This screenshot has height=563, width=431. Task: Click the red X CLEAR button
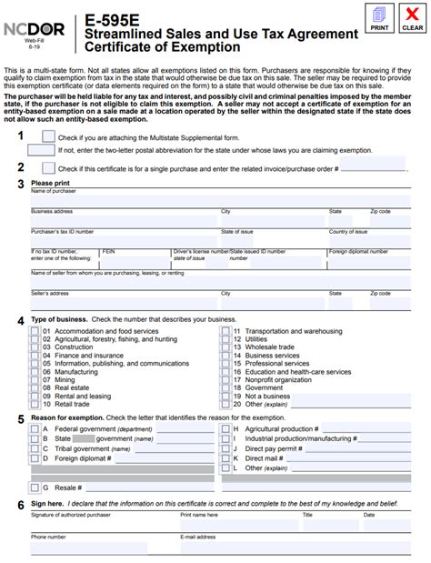click(x=412, y=16)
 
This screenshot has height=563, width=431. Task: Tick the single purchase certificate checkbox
click(x=48, y=166)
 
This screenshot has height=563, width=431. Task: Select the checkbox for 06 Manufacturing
click(x=35, y=372)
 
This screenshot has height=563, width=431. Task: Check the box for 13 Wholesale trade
click(x=225, y=347)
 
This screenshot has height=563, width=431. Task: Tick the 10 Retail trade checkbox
click(x=35, y=404)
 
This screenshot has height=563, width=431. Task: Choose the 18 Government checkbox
click(x=225, y=387)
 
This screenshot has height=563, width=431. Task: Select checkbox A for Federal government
click(x=35, y=428)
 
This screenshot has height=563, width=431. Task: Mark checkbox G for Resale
click(x=35, y=488)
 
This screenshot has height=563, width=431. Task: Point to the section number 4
click(x=21, y=320)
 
